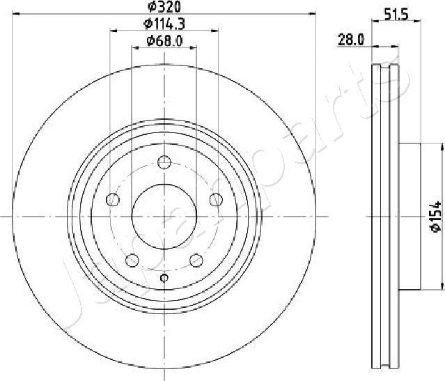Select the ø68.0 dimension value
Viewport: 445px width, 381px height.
[164, 41]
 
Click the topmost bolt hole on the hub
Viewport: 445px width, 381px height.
[164, 162]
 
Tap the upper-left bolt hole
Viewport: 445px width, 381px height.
[112, 200]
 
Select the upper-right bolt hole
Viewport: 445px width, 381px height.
[216, 200]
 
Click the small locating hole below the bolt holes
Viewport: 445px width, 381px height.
[164, 278]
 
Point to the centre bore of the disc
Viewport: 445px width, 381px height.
[164, 217]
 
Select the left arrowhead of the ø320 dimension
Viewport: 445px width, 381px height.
[16, 14]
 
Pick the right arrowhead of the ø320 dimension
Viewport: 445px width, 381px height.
[313, 14]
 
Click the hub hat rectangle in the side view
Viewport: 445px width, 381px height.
[411, 216]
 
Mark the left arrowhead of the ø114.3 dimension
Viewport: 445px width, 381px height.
[114, 31]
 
